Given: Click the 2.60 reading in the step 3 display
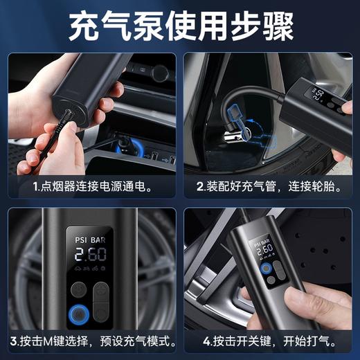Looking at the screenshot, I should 91,254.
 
